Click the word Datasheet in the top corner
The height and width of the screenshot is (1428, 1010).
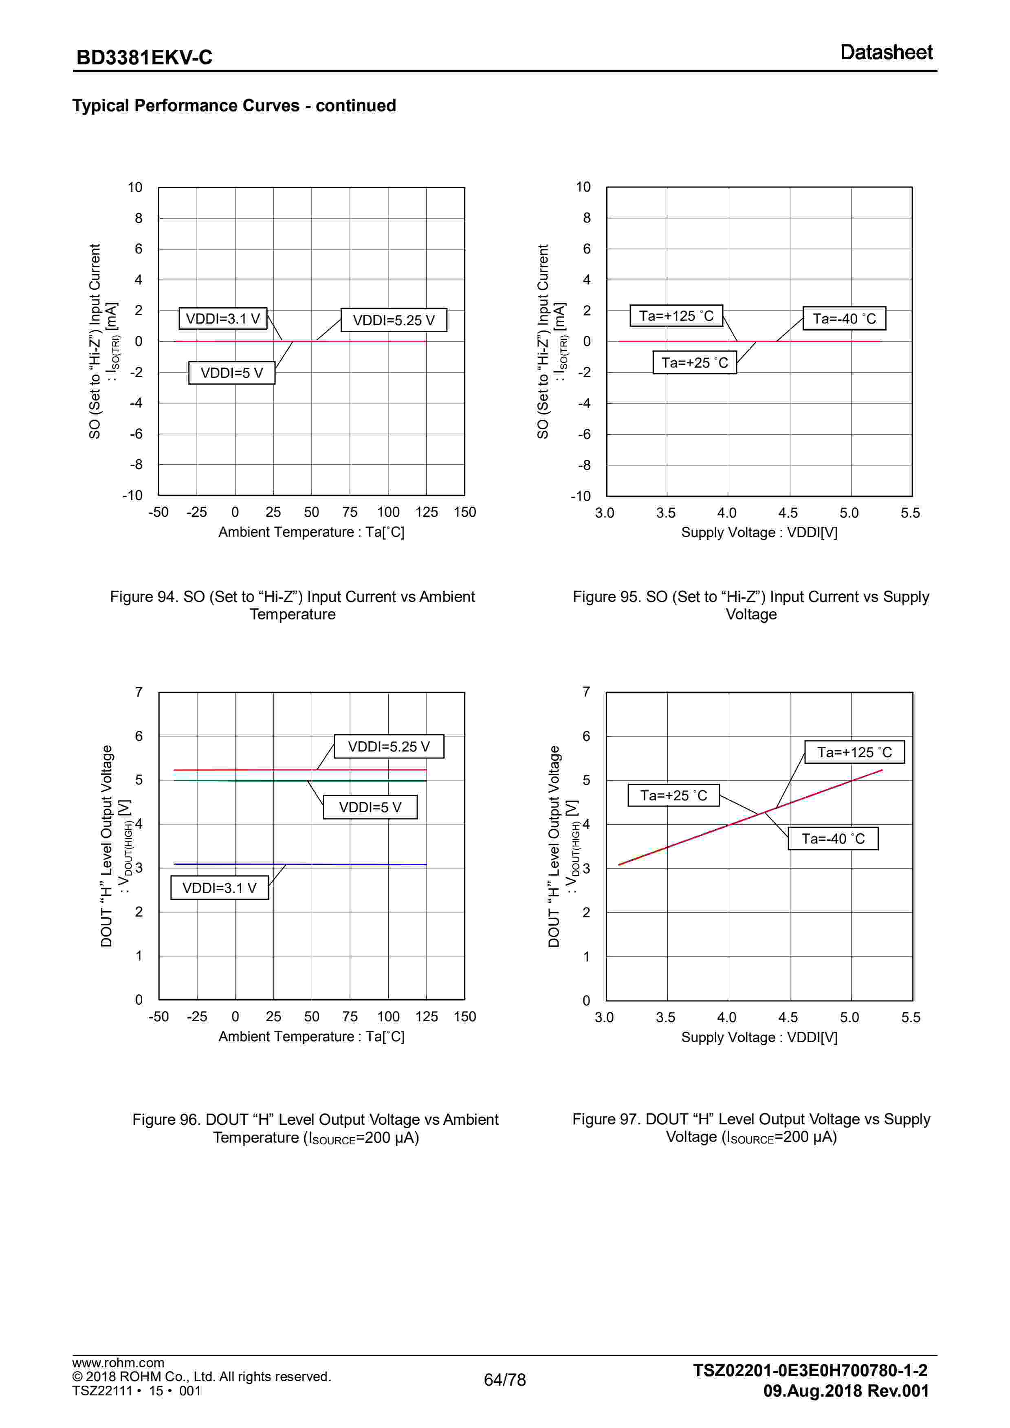click(x=886, y=52)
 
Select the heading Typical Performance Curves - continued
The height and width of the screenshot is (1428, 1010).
click(x=234, y=105)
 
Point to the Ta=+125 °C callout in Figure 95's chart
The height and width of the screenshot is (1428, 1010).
click(x=676, y=316)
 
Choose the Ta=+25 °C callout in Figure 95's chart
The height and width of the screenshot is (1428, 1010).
click(x=694, y=363)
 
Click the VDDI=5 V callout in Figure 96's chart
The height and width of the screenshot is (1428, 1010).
click(x=370, y=807)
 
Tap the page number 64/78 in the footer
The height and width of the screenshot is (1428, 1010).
click(x=504, y=1380)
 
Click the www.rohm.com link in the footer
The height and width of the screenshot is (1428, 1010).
click(x=118, y=1363)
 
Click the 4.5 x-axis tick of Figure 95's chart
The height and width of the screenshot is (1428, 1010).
click(x=788, y=513)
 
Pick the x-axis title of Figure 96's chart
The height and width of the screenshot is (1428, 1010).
click(x=311, y=1036)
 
